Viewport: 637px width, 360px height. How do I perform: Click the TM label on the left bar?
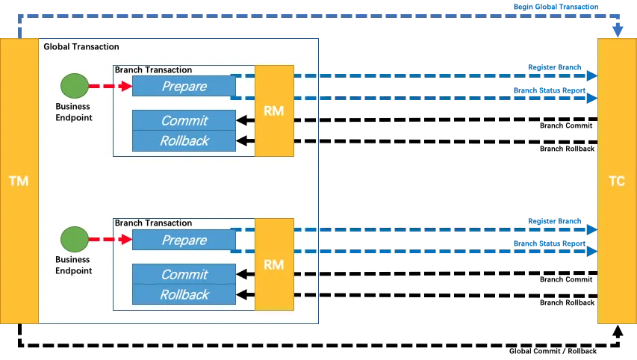click(18, 181)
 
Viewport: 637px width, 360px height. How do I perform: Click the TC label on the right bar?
click(617, 181)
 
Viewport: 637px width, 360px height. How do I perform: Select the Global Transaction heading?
click(81, 47)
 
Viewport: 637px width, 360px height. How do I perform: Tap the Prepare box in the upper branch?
click(184, 87)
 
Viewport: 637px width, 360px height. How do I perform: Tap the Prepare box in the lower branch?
click(184, 240)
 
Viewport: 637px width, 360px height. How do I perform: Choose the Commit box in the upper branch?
click(184, 120)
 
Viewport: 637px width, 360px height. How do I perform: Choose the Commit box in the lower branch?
click(184, 274)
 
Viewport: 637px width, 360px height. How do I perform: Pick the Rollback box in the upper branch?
click(184, 140)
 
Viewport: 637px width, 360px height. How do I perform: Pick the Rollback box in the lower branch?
click(184, 294)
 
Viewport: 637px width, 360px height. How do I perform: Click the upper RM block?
click(274, 111)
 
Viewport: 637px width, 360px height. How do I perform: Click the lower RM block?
click(274, 264)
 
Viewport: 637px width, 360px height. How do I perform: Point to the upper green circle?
click(74, 86)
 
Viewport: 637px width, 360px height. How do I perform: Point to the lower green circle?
click(74, 240)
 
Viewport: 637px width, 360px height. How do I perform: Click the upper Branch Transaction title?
click(153, 69)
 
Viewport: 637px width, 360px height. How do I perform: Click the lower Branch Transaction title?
click(153, 223)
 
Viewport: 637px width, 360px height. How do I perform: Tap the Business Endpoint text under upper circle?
click(73, 111)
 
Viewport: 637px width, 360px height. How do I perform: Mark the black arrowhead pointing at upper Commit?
click(241, 120)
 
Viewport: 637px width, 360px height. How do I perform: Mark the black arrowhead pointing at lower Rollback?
click(241, 294)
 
